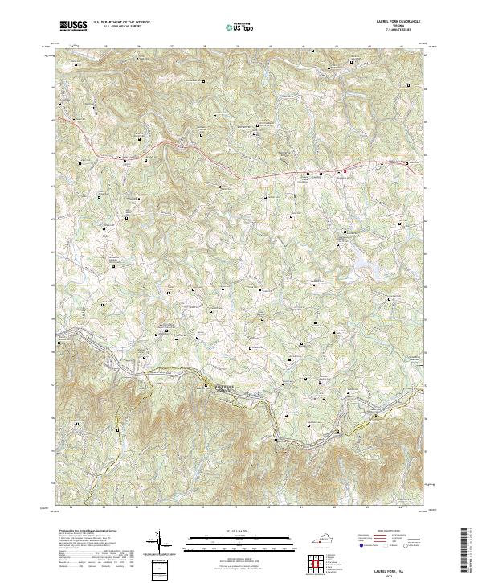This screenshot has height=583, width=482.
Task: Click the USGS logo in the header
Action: click(x=74, y=26)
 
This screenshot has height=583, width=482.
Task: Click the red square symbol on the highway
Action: click(x=340, y=172)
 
